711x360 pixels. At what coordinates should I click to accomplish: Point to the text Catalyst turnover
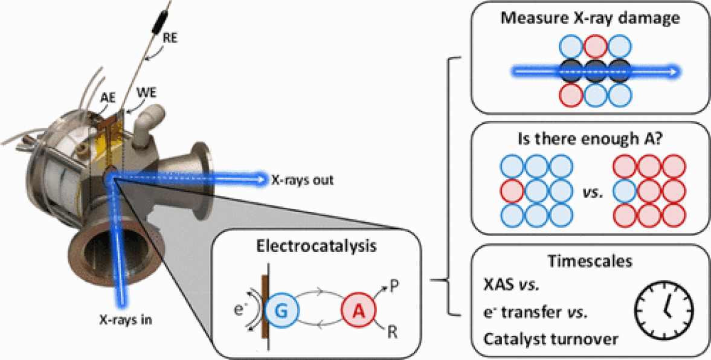point(551,339)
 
